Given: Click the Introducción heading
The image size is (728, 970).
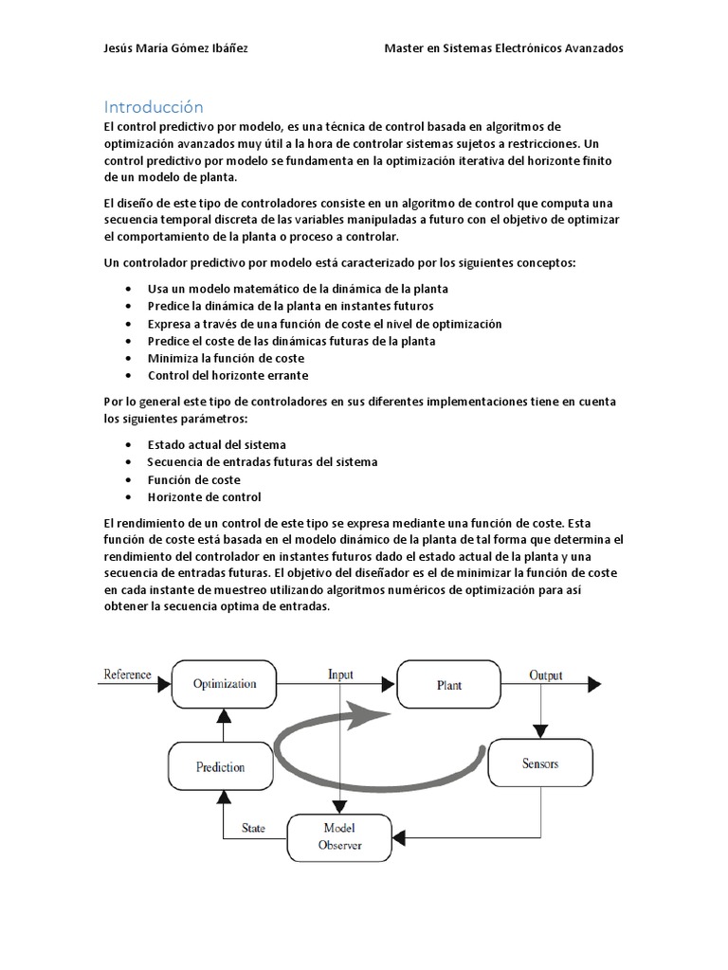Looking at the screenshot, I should click(x=153, y=107).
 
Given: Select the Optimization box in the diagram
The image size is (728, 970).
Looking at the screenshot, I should click(x=225, y=684).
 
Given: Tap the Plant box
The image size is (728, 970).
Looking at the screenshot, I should click(x=448, y=684).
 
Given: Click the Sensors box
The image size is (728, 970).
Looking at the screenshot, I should click(x=540, y=763).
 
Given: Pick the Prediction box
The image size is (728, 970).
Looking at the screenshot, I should click(x=220, y=767).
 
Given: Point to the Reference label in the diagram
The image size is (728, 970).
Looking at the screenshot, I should click(x=126, y=674).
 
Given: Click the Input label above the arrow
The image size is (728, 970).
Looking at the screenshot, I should click(x=340, y=674).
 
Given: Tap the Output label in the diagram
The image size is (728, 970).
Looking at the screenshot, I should click(x=545, y=675).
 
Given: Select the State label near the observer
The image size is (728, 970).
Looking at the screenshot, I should click(x=253, y=828).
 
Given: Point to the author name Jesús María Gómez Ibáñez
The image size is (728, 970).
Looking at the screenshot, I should click(x=175, y=49).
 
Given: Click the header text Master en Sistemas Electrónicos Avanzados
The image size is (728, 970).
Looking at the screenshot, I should click(x=503, y=49).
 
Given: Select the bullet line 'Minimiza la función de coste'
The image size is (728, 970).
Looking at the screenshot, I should click(x=225, y=358).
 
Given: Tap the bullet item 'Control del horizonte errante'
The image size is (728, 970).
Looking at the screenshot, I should click(x=227, y=376).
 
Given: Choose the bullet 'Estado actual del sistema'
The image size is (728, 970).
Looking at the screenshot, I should click(x=217, y=444).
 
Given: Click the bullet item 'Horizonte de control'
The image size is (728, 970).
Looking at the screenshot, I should click(x=204, y=497).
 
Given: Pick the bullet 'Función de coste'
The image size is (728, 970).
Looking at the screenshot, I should click(x=193, y=479).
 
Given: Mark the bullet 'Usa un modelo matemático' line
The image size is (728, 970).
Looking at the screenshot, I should click(x=298, y=289).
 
